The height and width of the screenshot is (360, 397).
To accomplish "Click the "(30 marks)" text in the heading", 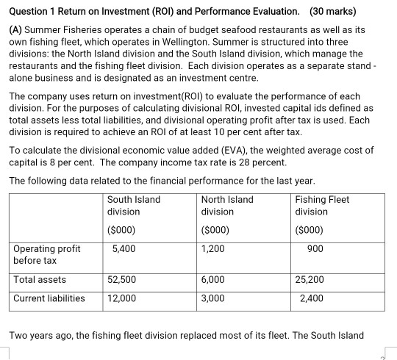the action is click(x=332, y=11).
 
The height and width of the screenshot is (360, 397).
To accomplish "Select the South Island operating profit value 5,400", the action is click(x=124, y=248).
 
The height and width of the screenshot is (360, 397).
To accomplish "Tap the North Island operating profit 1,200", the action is click(x=212, y=248).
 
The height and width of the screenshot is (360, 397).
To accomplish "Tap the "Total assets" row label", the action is click(x=40, y=279).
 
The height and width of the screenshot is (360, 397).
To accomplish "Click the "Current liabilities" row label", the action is click(x=49, y=298).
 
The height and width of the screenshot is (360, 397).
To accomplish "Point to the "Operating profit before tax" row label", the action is click(x=47, y=254).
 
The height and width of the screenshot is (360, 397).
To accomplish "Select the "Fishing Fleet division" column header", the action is click(x=321, y=206).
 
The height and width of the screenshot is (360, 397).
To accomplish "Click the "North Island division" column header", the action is click(x=226, y=206).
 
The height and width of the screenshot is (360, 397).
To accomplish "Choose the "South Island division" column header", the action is click(x=133, y=206).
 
